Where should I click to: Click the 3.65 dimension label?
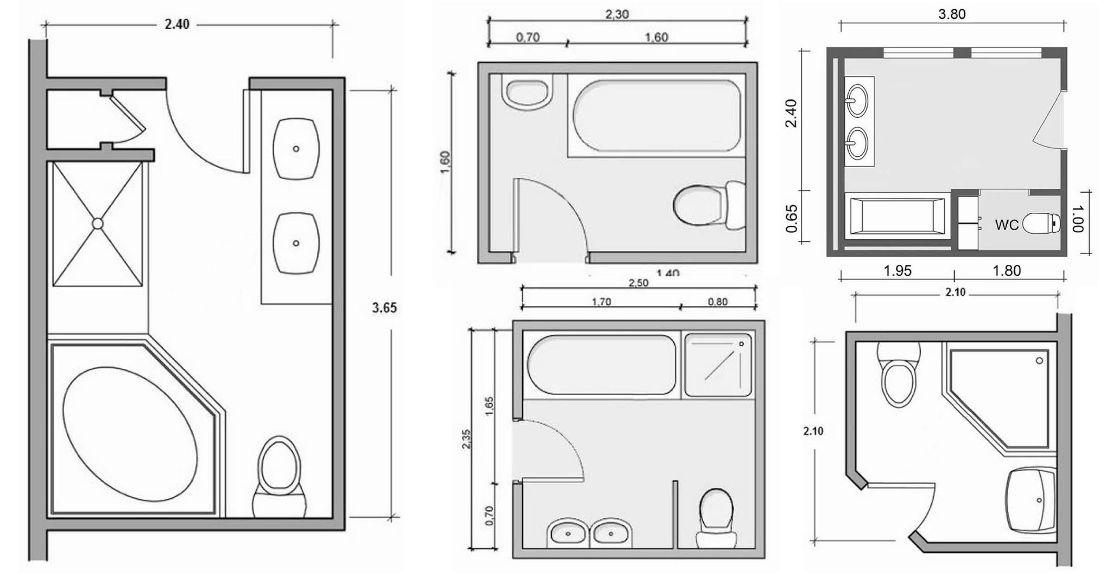coord(384,308)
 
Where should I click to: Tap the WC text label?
coord(1007,225)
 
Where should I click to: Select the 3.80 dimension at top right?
coord(952,14)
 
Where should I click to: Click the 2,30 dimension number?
coord(617,14)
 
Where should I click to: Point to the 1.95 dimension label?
coord(897,270)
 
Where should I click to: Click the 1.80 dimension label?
coord(1007,270)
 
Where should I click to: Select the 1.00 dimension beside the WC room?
coord(1077,218)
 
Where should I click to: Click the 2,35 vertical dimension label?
coord(466,438)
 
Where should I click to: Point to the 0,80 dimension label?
coord(717,302)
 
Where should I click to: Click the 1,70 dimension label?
coord(601,302)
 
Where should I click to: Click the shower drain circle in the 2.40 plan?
coord(98,223)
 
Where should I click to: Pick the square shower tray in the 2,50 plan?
coord(718,365)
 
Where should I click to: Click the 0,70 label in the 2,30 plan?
coord(527,37)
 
